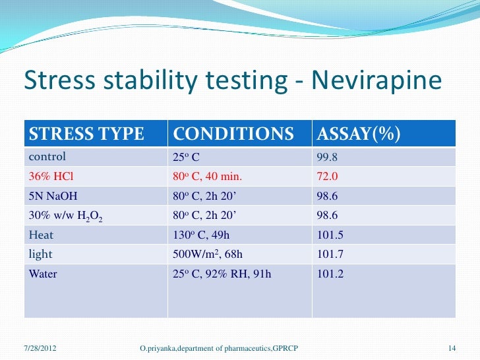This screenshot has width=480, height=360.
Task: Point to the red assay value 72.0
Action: tap(328, 176)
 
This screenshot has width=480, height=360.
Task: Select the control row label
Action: tap(47, 157)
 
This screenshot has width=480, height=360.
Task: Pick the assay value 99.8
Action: tap(328, 157)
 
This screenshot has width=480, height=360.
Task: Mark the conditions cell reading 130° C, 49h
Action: tap(200, 235)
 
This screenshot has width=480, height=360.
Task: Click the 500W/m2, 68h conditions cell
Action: tap(206, 255)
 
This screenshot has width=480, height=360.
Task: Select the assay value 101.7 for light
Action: tap(330, 255)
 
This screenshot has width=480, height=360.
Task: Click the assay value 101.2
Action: tap(330, 274)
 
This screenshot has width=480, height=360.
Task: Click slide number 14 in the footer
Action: tap(452, 347)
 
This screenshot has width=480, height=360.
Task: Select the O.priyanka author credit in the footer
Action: tap(218, 347)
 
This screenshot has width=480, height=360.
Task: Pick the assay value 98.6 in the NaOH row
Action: tap(328, 196)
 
